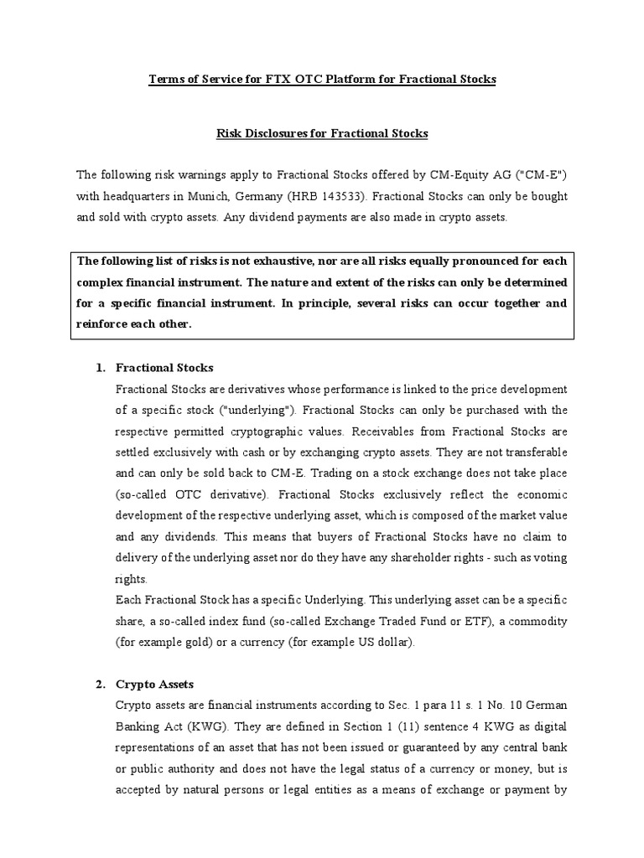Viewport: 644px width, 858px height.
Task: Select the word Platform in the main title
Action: pyautogui.click(x=342, y=79)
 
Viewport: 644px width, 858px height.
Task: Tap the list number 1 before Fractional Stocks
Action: pyautogui.click(x=98, y=368)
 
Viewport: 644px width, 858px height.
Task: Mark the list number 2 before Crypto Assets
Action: pyautogui.click(x=98, y=685)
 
